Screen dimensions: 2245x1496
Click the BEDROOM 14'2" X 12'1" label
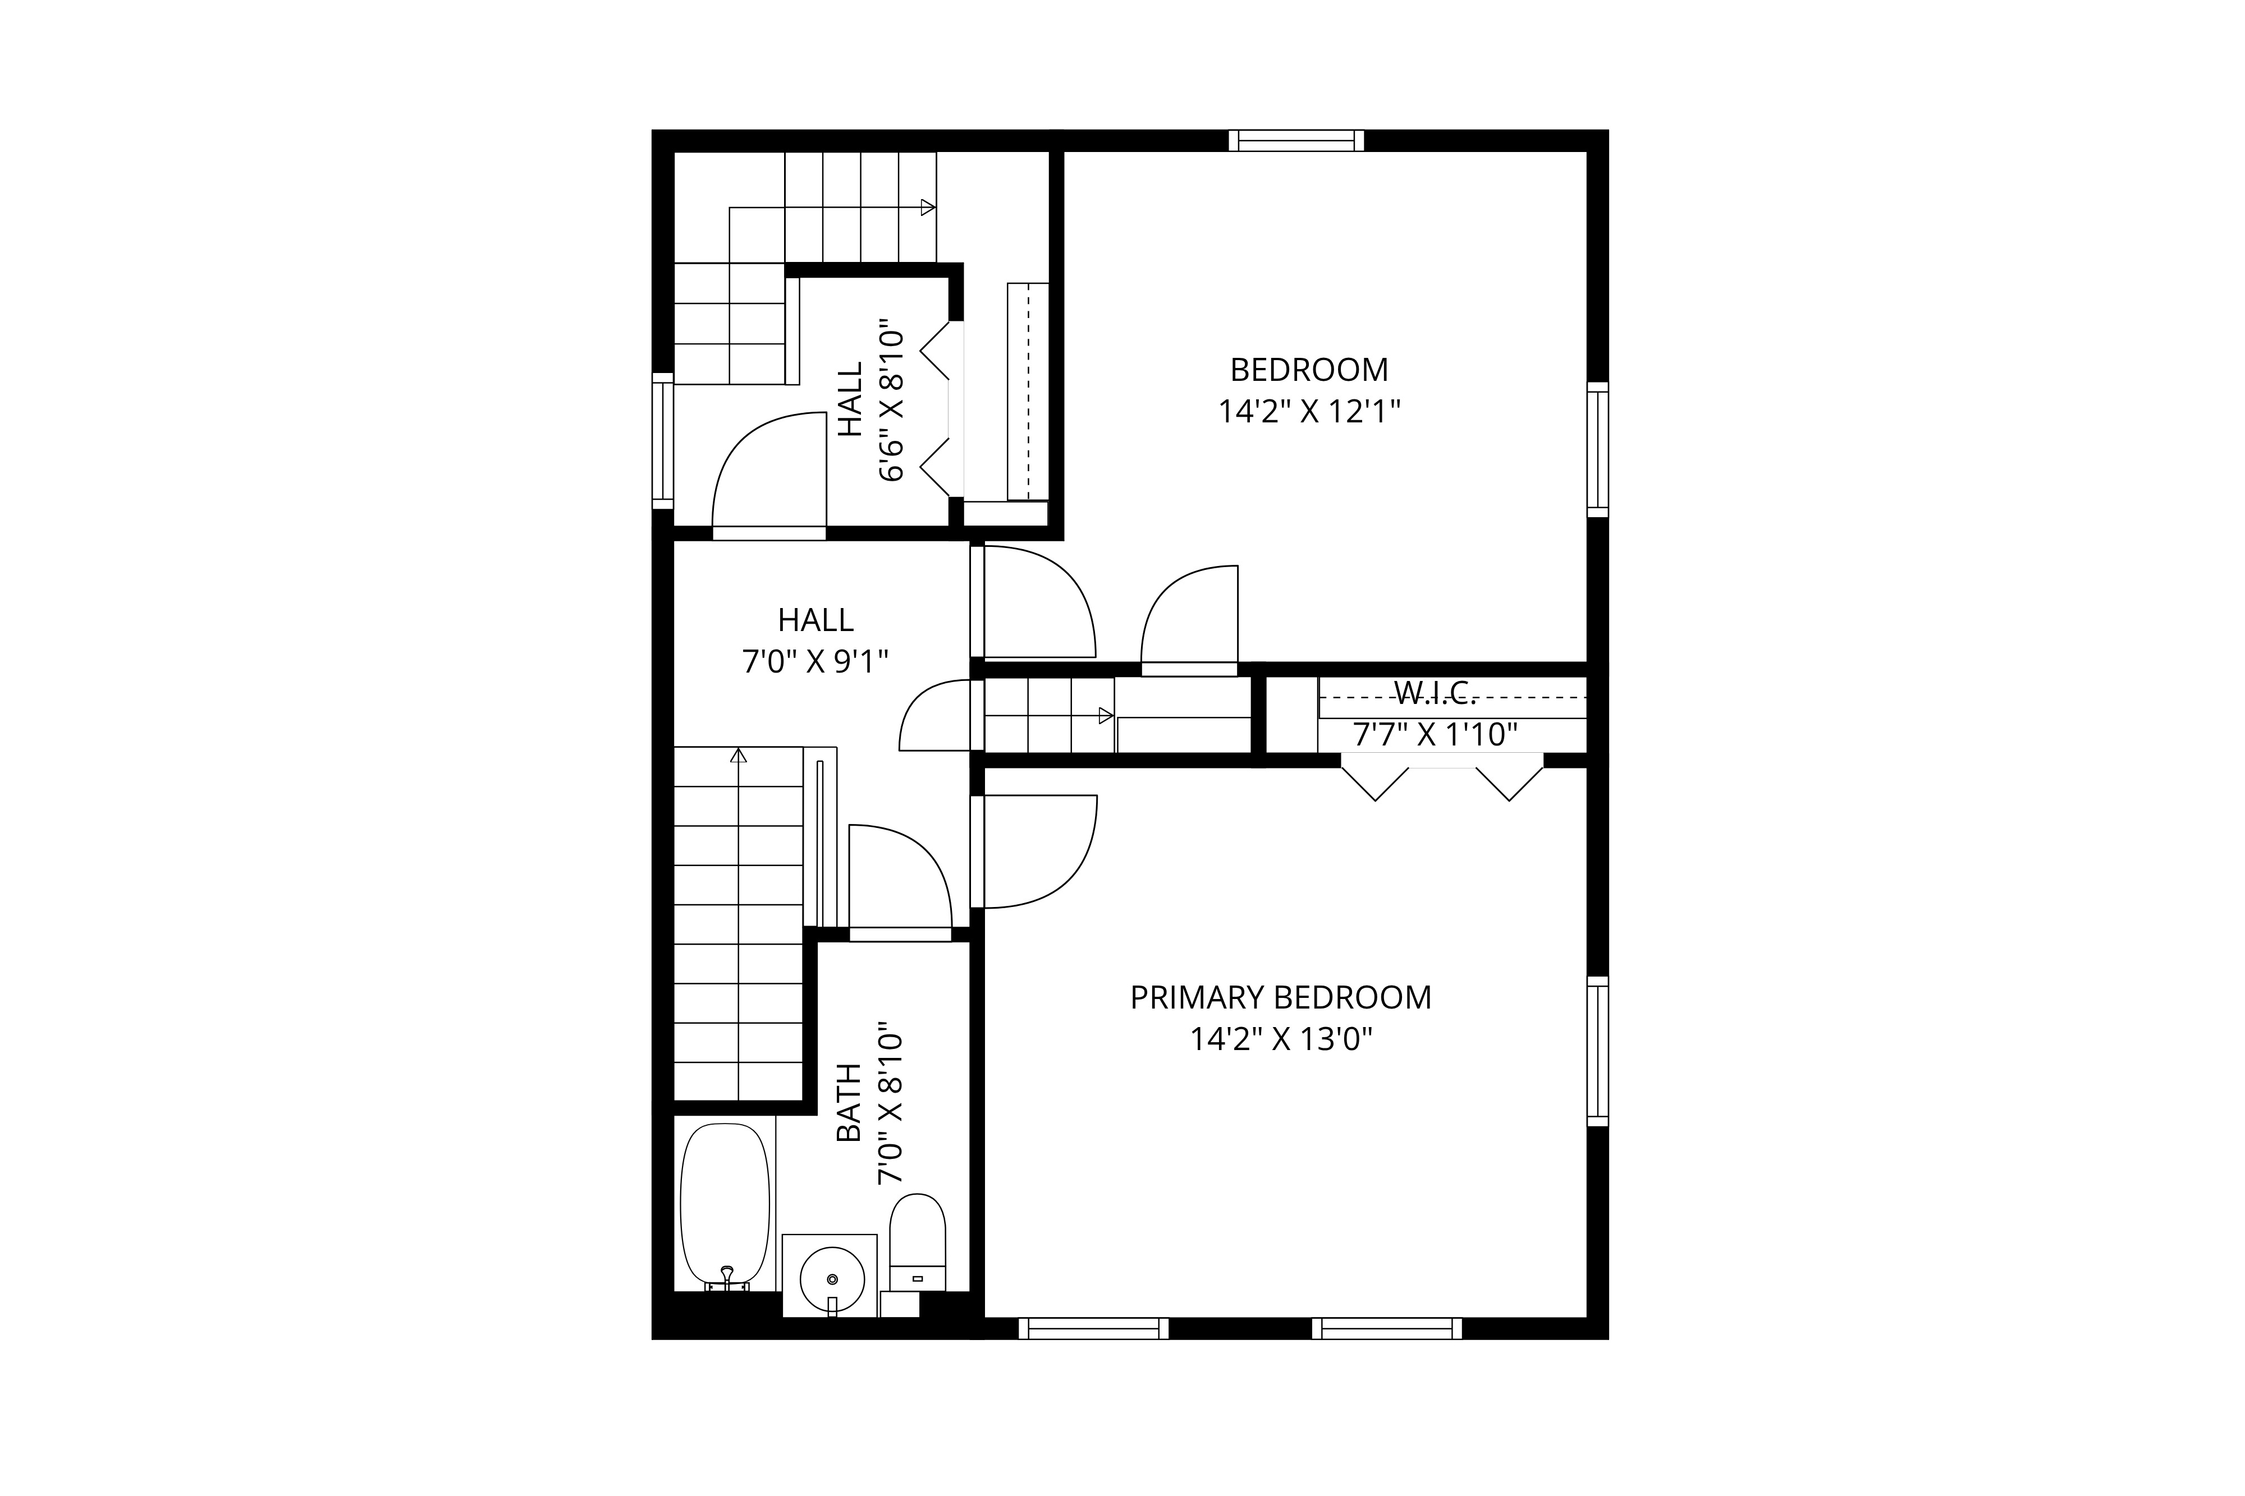click(1309, 390)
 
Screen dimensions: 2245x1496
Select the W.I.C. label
click(1436, 693)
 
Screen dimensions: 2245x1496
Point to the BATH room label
click(849, 1103)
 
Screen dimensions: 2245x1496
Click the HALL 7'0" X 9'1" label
click(815, 640)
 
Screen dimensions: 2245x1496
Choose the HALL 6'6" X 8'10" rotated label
click(869, 401)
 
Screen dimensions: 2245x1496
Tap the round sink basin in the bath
click(832, 1278)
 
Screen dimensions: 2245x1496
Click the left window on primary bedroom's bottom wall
click(1093, 1328)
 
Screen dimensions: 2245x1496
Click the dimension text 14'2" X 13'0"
click(1280, 1039)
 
